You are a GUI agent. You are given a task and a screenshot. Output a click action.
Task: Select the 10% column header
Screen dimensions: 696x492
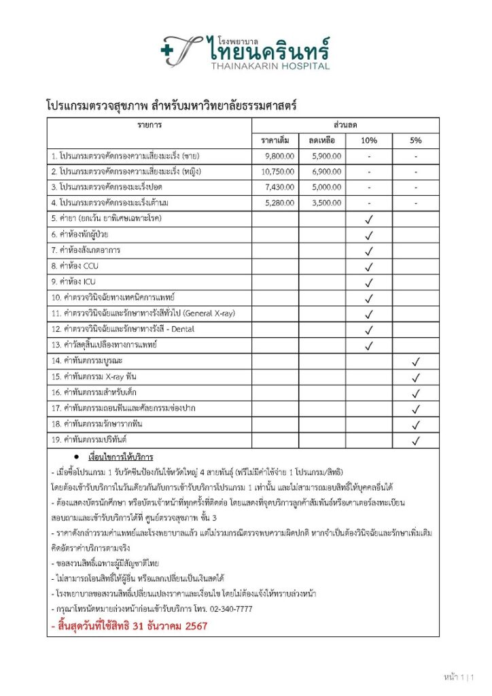[369, 141]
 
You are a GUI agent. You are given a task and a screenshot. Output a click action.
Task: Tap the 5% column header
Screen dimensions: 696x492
[415, 141]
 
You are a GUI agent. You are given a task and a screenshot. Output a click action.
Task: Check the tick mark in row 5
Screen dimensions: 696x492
[369, 219]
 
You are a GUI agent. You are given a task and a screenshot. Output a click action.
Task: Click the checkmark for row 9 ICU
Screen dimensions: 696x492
[369, 282]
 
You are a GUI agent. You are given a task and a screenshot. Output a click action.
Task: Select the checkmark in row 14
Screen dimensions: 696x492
[416, 361]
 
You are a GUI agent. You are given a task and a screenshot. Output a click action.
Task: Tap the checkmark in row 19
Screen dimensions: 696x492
[416, 440]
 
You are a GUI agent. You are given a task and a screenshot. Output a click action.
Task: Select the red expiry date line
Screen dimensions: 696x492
[128, 625]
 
